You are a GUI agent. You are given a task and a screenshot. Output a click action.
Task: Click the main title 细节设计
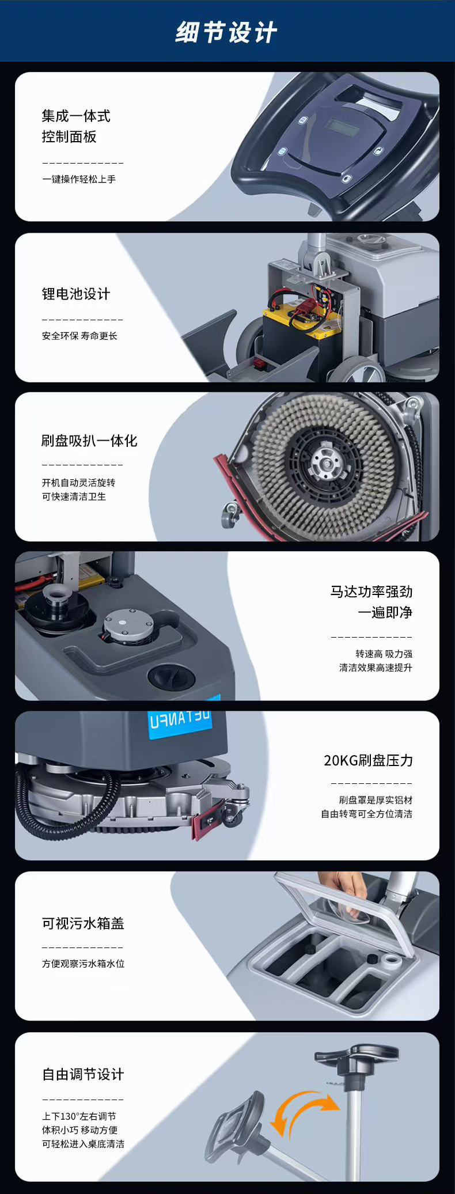(226, 32)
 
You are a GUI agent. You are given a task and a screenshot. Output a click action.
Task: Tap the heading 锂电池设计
(75, 294)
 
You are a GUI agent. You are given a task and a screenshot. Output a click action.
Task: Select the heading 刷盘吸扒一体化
(89, 441)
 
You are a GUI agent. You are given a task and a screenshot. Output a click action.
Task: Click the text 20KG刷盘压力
(368, 760)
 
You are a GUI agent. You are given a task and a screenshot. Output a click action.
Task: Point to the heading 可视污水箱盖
(83, 923)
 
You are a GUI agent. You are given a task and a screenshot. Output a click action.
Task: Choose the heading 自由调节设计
(83, 1074)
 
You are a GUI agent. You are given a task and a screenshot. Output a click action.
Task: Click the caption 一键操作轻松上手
(79, 179)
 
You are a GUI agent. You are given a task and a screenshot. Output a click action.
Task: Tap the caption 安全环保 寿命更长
(79, 336)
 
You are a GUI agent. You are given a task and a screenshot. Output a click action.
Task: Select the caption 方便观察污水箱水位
(83, 964)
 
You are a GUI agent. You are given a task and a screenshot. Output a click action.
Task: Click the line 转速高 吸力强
(384, 654)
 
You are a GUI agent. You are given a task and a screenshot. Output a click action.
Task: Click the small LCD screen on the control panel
(344, 125)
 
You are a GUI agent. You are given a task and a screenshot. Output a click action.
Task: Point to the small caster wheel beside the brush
(230, 514)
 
